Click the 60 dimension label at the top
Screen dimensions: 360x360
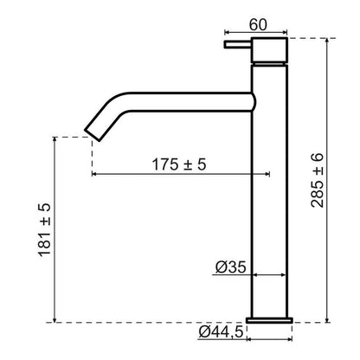258,25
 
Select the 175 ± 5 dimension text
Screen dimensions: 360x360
179,164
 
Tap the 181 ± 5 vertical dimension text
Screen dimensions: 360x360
45,230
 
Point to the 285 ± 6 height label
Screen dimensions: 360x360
318,181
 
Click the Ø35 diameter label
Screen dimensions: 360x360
231,267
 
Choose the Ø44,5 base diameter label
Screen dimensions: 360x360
221,332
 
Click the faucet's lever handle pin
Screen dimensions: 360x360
238,45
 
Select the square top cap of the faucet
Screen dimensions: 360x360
269,49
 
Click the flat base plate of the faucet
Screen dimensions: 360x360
269,320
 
